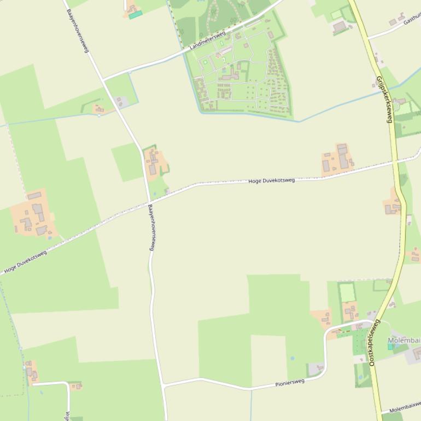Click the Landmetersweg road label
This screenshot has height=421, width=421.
pos(207,40)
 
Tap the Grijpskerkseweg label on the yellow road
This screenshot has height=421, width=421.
pos(384,99)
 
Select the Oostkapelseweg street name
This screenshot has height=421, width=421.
pos(374,342)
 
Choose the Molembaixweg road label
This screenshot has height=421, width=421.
pos(405,408)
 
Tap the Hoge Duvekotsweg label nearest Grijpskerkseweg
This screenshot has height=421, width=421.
pos(271,180)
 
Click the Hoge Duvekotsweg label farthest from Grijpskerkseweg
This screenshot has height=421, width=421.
pos(25,261)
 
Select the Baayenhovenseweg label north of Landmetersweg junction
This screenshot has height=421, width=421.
pos(77,30)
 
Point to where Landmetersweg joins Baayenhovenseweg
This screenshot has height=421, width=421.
pos(102,80)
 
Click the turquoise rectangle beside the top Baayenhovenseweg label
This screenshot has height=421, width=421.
pos(136,15)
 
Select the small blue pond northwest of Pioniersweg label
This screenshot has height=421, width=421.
pos(293,359)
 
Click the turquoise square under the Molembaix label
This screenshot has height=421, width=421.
pos(390,347)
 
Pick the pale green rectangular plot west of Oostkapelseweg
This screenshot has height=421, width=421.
pos(347,293)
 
